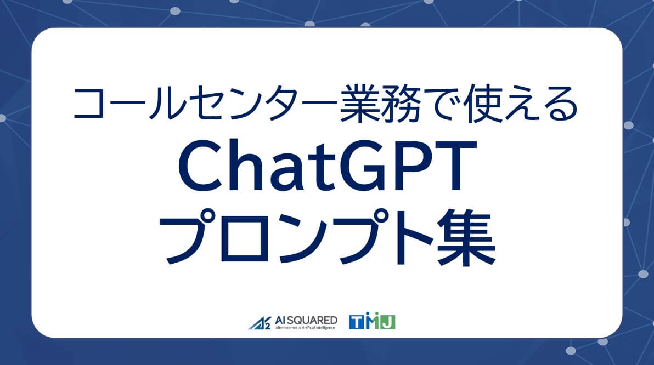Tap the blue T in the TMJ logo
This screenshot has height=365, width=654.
356,322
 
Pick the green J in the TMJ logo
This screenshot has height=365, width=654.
388,322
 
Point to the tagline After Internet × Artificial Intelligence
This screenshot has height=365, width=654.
302,327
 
